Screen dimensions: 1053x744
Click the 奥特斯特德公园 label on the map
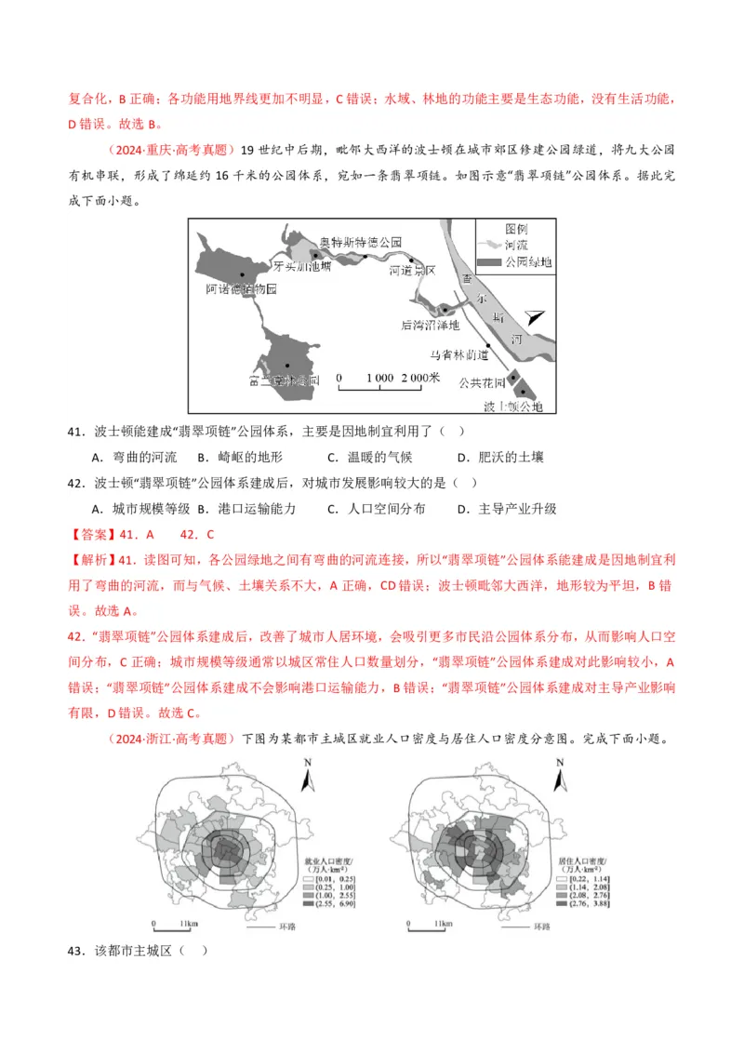[360, 242]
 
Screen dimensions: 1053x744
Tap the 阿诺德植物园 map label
[242, 289]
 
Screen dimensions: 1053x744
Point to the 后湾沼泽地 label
[430, 325]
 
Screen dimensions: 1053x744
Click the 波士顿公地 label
[507, 407]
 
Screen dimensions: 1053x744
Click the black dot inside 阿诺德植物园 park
[242, 274]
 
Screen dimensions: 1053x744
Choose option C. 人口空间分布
[372, 509]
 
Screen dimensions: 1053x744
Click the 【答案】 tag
[93, 535]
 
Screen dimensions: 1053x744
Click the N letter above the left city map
[307, 762]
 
